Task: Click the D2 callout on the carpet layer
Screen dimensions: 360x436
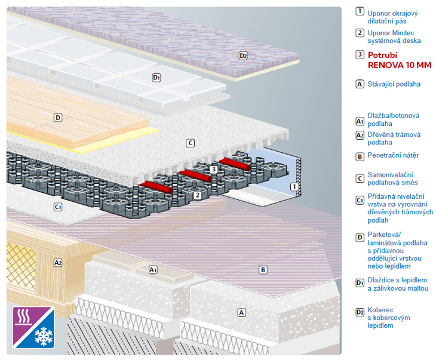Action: [243, 56]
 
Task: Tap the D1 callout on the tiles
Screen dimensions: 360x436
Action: [156, 78]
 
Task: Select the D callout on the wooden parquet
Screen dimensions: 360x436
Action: [58, 118]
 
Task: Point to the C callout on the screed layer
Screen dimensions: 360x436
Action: [191, 143]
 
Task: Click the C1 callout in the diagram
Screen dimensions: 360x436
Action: [58, 207]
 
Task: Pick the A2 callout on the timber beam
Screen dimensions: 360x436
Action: [58, 262]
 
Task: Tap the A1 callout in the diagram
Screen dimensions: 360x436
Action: [153, 270]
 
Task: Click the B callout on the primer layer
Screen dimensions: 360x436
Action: [263, 270]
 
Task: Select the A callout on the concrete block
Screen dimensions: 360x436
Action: [241, 312]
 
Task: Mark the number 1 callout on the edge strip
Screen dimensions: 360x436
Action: [293, 187]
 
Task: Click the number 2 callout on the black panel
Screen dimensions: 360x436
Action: [196, 194]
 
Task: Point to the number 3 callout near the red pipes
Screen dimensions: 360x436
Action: [214, 170]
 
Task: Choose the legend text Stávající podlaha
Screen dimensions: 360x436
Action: [394, 84]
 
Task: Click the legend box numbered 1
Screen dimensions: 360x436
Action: [360, 11]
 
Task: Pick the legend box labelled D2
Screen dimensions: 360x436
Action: [360, 312]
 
